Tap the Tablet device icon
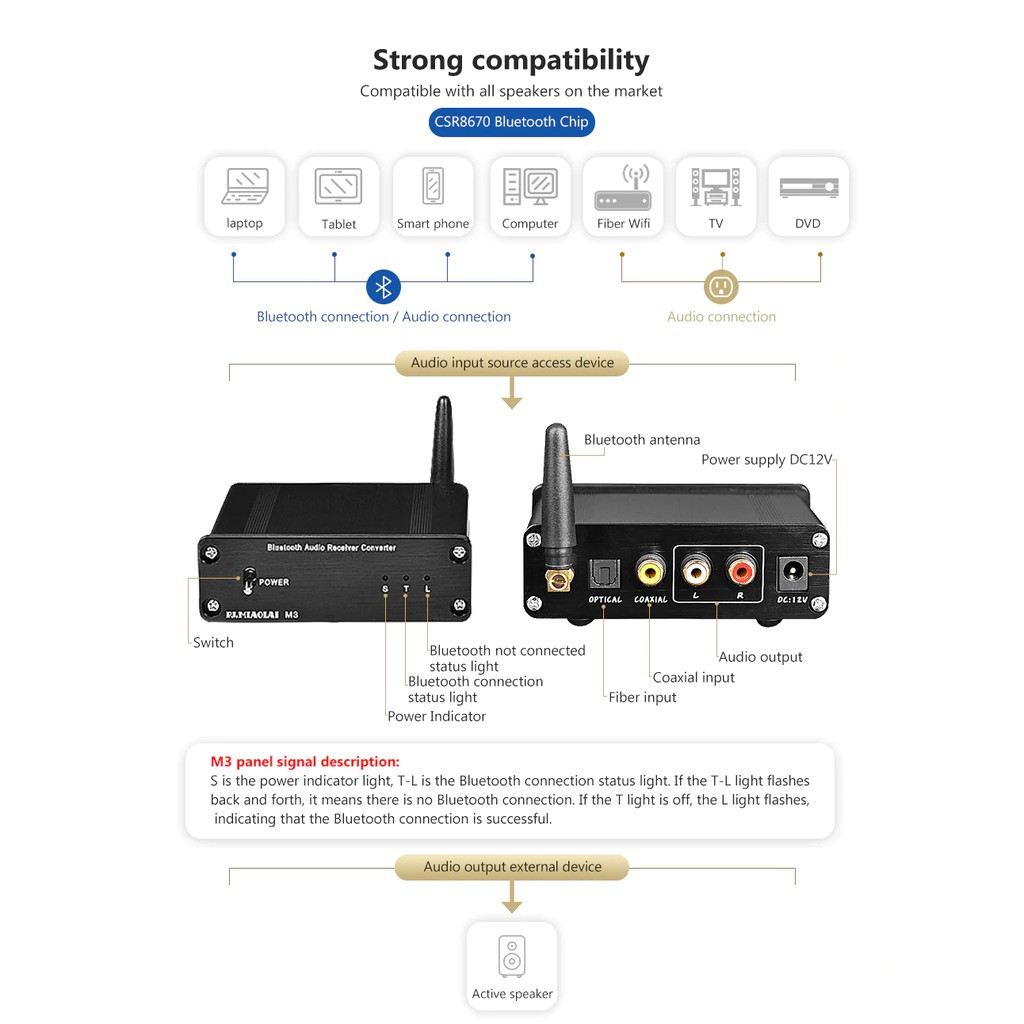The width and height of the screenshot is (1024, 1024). tap(338, 186)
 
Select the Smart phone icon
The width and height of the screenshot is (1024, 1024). tap(433, 186)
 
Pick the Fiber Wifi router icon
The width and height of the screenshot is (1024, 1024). tap(623, 187)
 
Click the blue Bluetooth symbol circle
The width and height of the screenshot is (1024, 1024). tap(383, 287)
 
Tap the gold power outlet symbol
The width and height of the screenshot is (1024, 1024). tap(721, 287)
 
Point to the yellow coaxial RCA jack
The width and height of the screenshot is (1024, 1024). tap(651, 572)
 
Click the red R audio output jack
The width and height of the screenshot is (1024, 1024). tap(741, 571)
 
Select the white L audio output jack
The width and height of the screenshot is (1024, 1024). tap(695, 571)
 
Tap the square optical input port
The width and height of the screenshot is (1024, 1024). tap(606, 573)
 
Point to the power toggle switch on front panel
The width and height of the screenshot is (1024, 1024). tap(247, 581)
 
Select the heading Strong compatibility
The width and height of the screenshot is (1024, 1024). tap(511, 60)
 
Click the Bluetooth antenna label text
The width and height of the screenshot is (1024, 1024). tap(642, 439)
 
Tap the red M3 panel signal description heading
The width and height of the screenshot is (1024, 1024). tap(305, 761)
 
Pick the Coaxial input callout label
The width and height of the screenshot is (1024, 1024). tap(693, 677)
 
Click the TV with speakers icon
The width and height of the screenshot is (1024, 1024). tap(716, 187)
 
